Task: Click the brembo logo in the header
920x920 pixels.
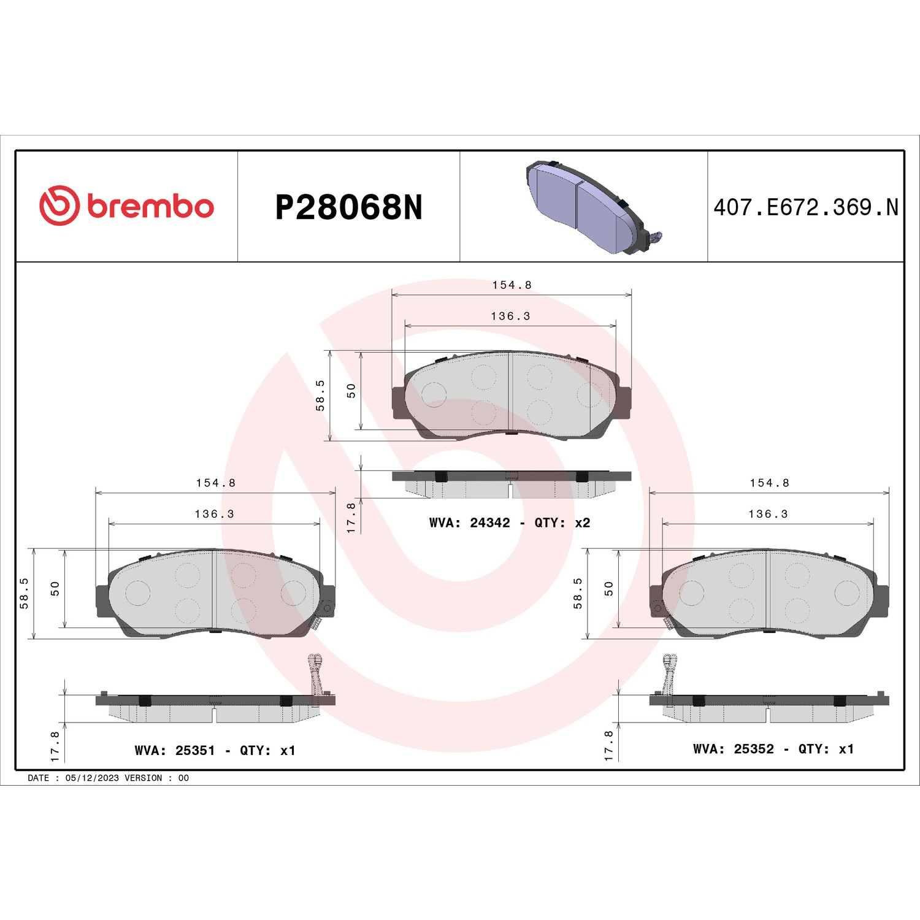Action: (126, 205)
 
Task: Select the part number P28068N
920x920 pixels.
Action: (349, 207)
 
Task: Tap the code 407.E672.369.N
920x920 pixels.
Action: (806, 207)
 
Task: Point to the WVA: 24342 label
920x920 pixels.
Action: (470, 523)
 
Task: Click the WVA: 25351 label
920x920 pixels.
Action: (175, 750)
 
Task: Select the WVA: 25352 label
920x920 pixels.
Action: (734, 749)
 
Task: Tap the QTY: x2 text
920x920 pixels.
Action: (562, 523)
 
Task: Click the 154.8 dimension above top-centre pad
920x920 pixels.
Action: (512, 285)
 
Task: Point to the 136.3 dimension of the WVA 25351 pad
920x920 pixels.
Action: (215, 514)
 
